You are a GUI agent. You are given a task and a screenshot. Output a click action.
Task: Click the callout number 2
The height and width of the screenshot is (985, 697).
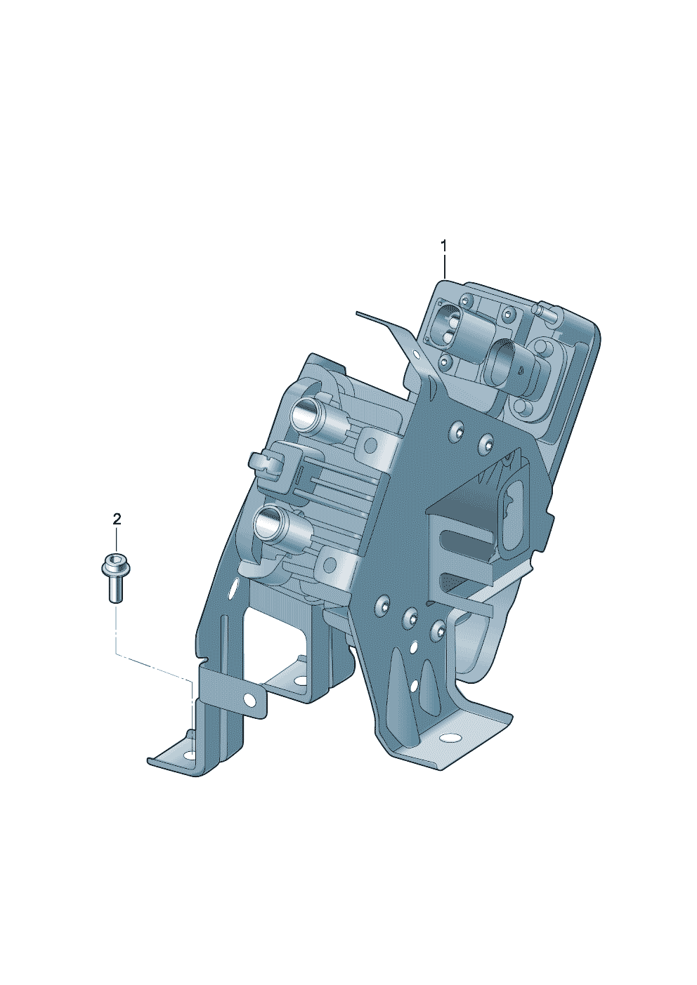tap(117, 520)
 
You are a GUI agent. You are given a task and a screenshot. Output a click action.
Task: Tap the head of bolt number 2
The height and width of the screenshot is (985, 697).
tap(117, 564)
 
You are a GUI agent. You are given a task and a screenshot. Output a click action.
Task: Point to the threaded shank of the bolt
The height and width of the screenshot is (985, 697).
tap(117, 587)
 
